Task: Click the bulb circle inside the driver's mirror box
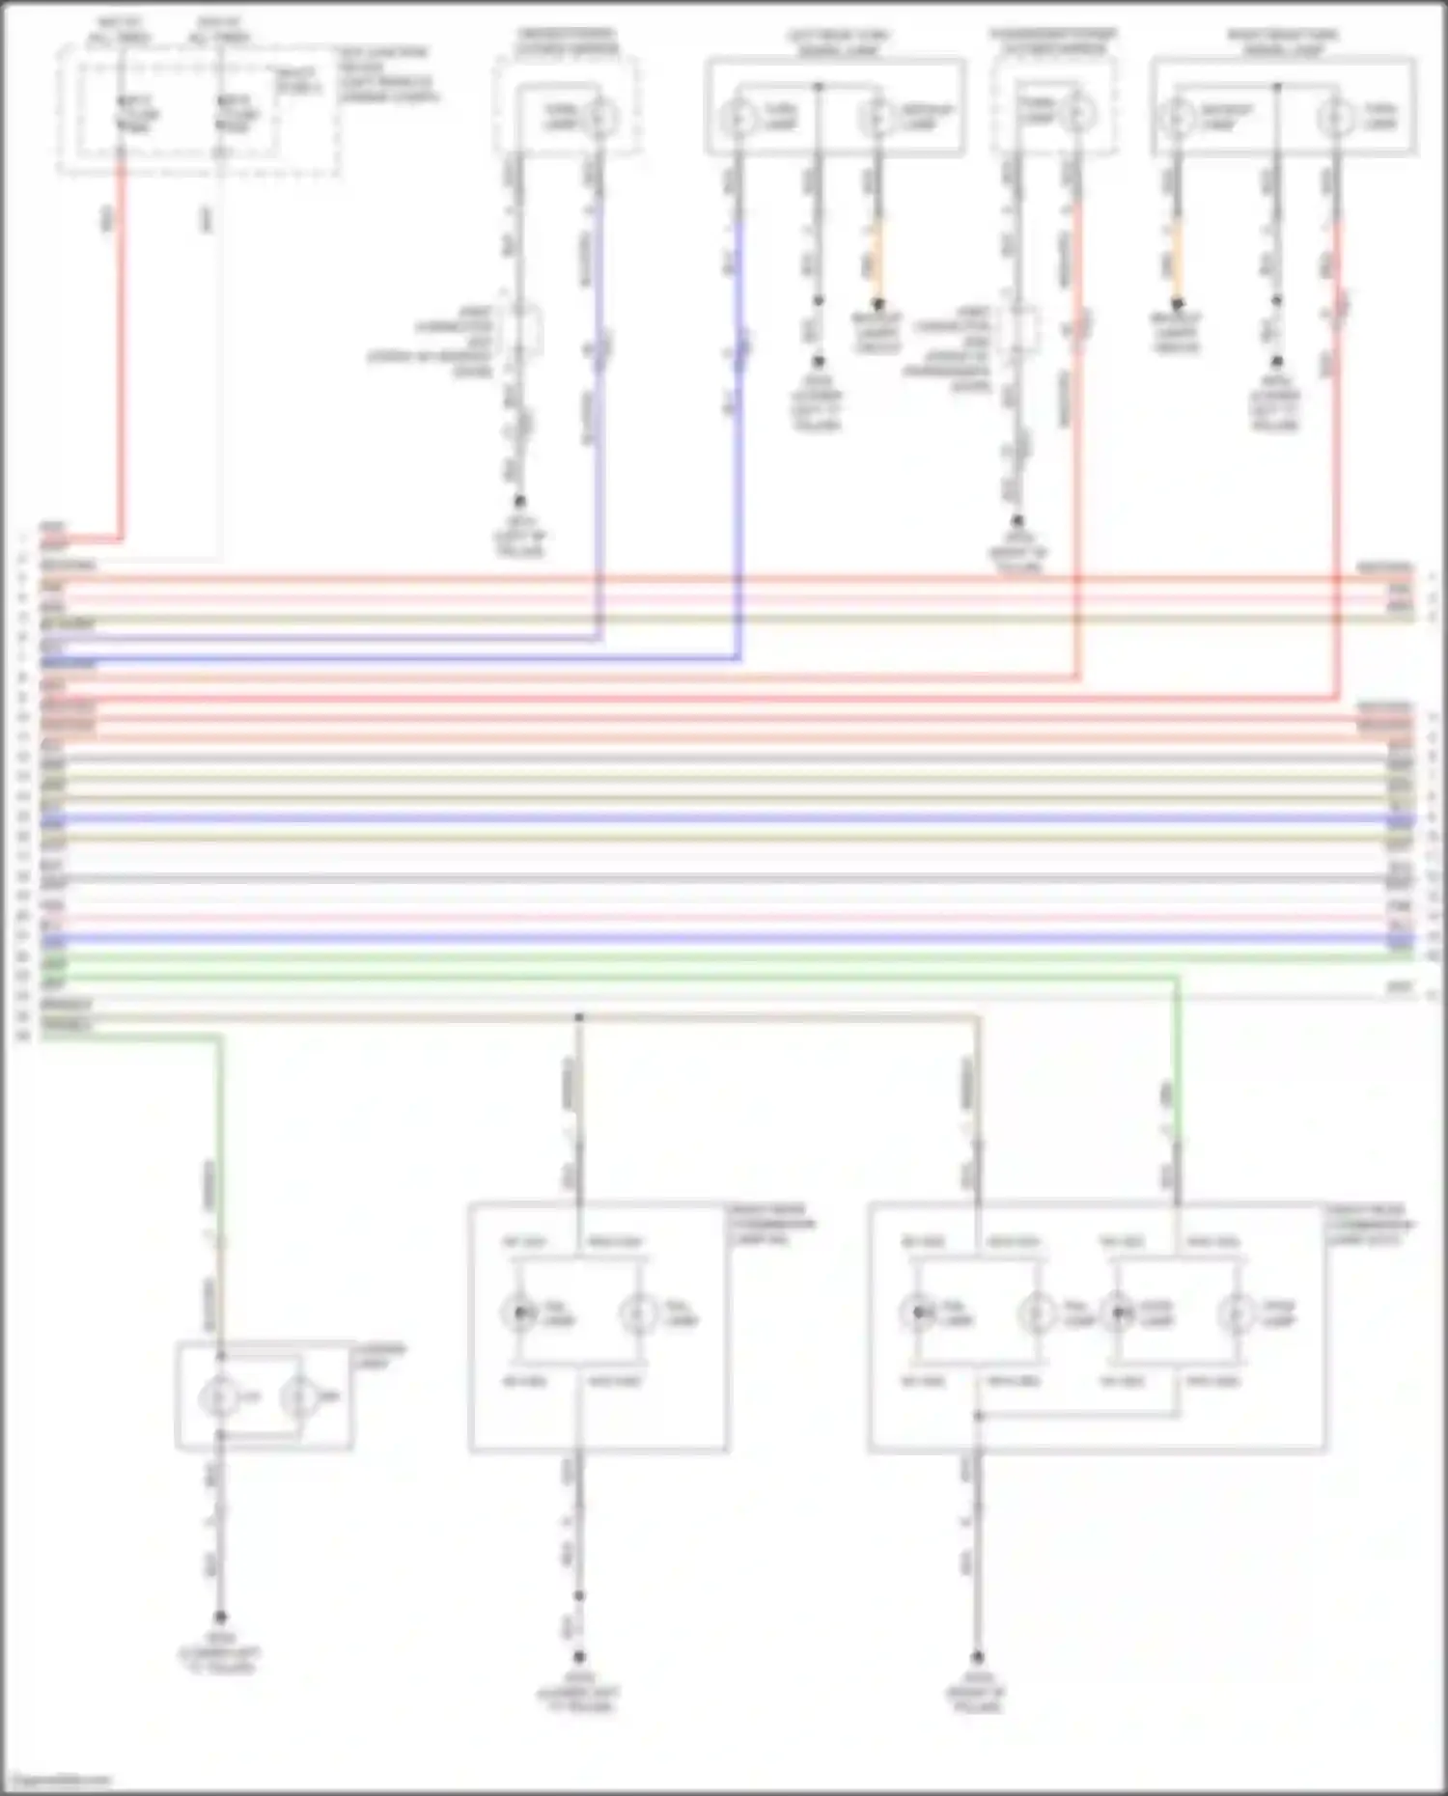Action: pyautogui.click(x=600, y=117)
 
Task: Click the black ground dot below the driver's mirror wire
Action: pyautogui.click(x=519, y=501)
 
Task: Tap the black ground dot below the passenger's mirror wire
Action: pyautogui.click(x=1016, y=521)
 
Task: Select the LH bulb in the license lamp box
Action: pyautogui.click(x=219, y=1396)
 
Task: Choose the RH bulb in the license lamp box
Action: pyautogui.click(x=298, y=1396)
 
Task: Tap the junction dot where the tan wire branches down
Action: pyautogui.click(x=579, y=1017)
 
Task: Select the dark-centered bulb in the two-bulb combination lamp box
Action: pyautogui.click(x=520, y=1313)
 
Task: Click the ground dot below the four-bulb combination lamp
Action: pyautogui.click(x=977, y=1657)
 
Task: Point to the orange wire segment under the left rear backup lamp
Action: pyautogui.click(x=877, y=256)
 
